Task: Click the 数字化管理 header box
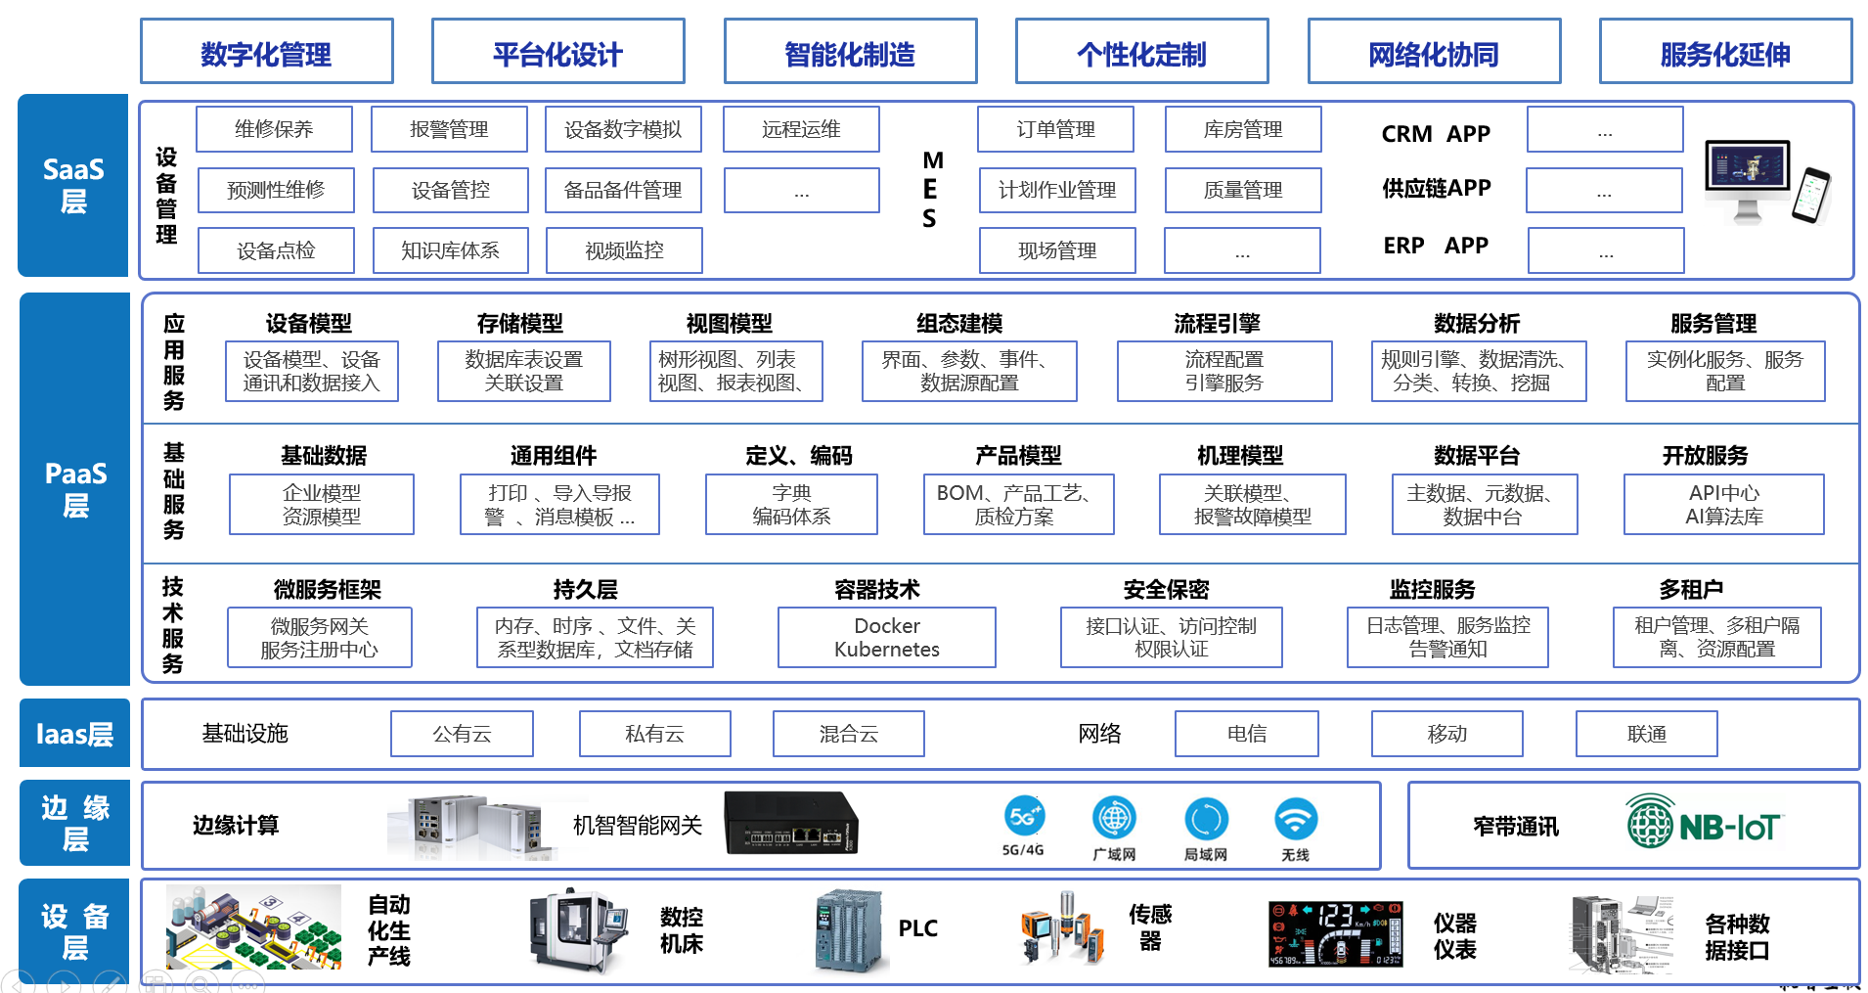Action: [x=266, y=53]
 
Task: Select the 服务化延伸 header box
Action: [x=1725, y=53]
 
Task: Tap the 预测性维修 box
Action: [x=276, y=190]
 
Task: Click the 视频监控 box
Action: [x=624, y=250]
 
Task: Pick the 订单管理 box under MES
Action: [x=1055, y=129]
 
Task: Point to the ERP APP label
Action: [x=1436, y=246]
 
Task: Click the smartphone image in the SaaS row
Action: [x=1811, y=196]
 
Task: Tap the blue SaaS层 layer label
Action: [x=73, y=186]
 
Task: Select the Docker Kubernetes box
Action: [x=886, y=637]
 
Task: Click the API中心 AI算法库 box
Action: [x=1723, y=505]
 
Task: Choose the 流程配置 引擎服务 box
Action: [x=1223, y=371]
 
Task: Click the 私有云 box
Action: [x=654, y=734]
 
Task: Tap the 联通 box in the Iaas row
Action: [x=1646, y=734]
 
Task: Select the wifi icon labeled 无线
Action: [x=1295, y=820]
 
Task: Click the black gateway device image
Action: [x=790, y=823]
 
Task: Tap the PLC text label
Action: [x=917, y=928]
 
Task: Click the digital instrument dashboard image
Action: [x=1335, y=933]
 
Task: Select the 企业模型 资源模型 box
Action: [x=322, y=505]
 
